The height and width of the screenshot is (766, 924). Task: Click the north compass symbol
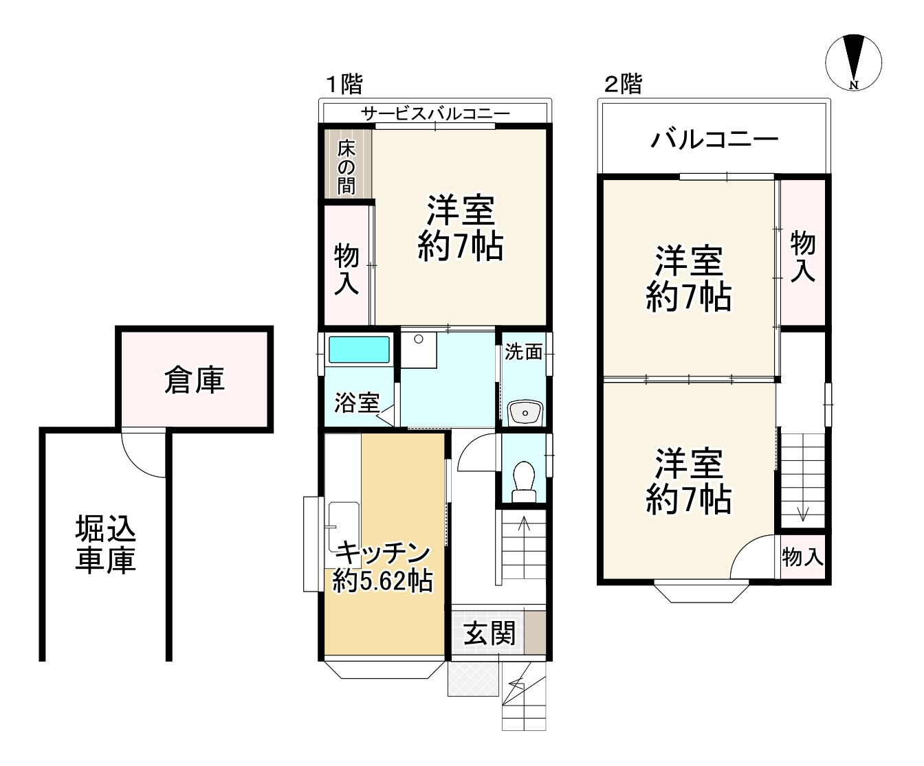click(x=853, y=63)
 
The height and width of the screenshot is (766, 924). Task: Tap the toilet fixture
click(x=524, y=482)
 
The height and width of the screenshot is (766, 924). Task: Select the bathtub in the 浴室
click(x=359, y=350)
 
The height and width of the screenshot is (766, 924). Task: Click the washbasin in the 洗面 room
click(x=525, y=412)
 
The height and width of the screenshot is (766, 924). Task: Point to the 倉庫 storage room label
click(x=195, y=379)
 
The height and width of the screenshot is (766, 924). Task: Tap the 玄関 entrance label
click(x=489, y=633)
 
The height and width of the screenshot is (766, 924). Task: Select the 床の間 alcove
click(x=348, y=164)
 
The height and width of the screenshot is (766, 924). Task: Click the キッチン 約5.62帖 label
click(x=382, y=567)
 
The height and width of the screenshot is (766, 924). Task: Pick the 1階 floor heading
click(x=344, y=84)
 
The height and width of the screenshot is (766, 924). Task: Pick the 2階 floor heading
click(x=623, y=84)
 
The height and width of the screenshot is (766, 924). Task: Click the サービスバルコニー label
click(x=435, y=113)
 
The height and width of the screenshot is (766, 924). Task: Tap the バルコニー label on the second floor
click(x=714, y=139)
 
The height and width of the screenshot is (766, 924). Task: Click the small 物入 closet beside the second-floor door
click(x=803, y=556)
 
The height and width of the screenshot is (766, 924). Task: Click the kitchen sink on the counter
click(x=344, y=526)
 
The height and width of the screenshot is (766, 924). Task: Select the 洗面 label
click(x=523, y=352)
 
